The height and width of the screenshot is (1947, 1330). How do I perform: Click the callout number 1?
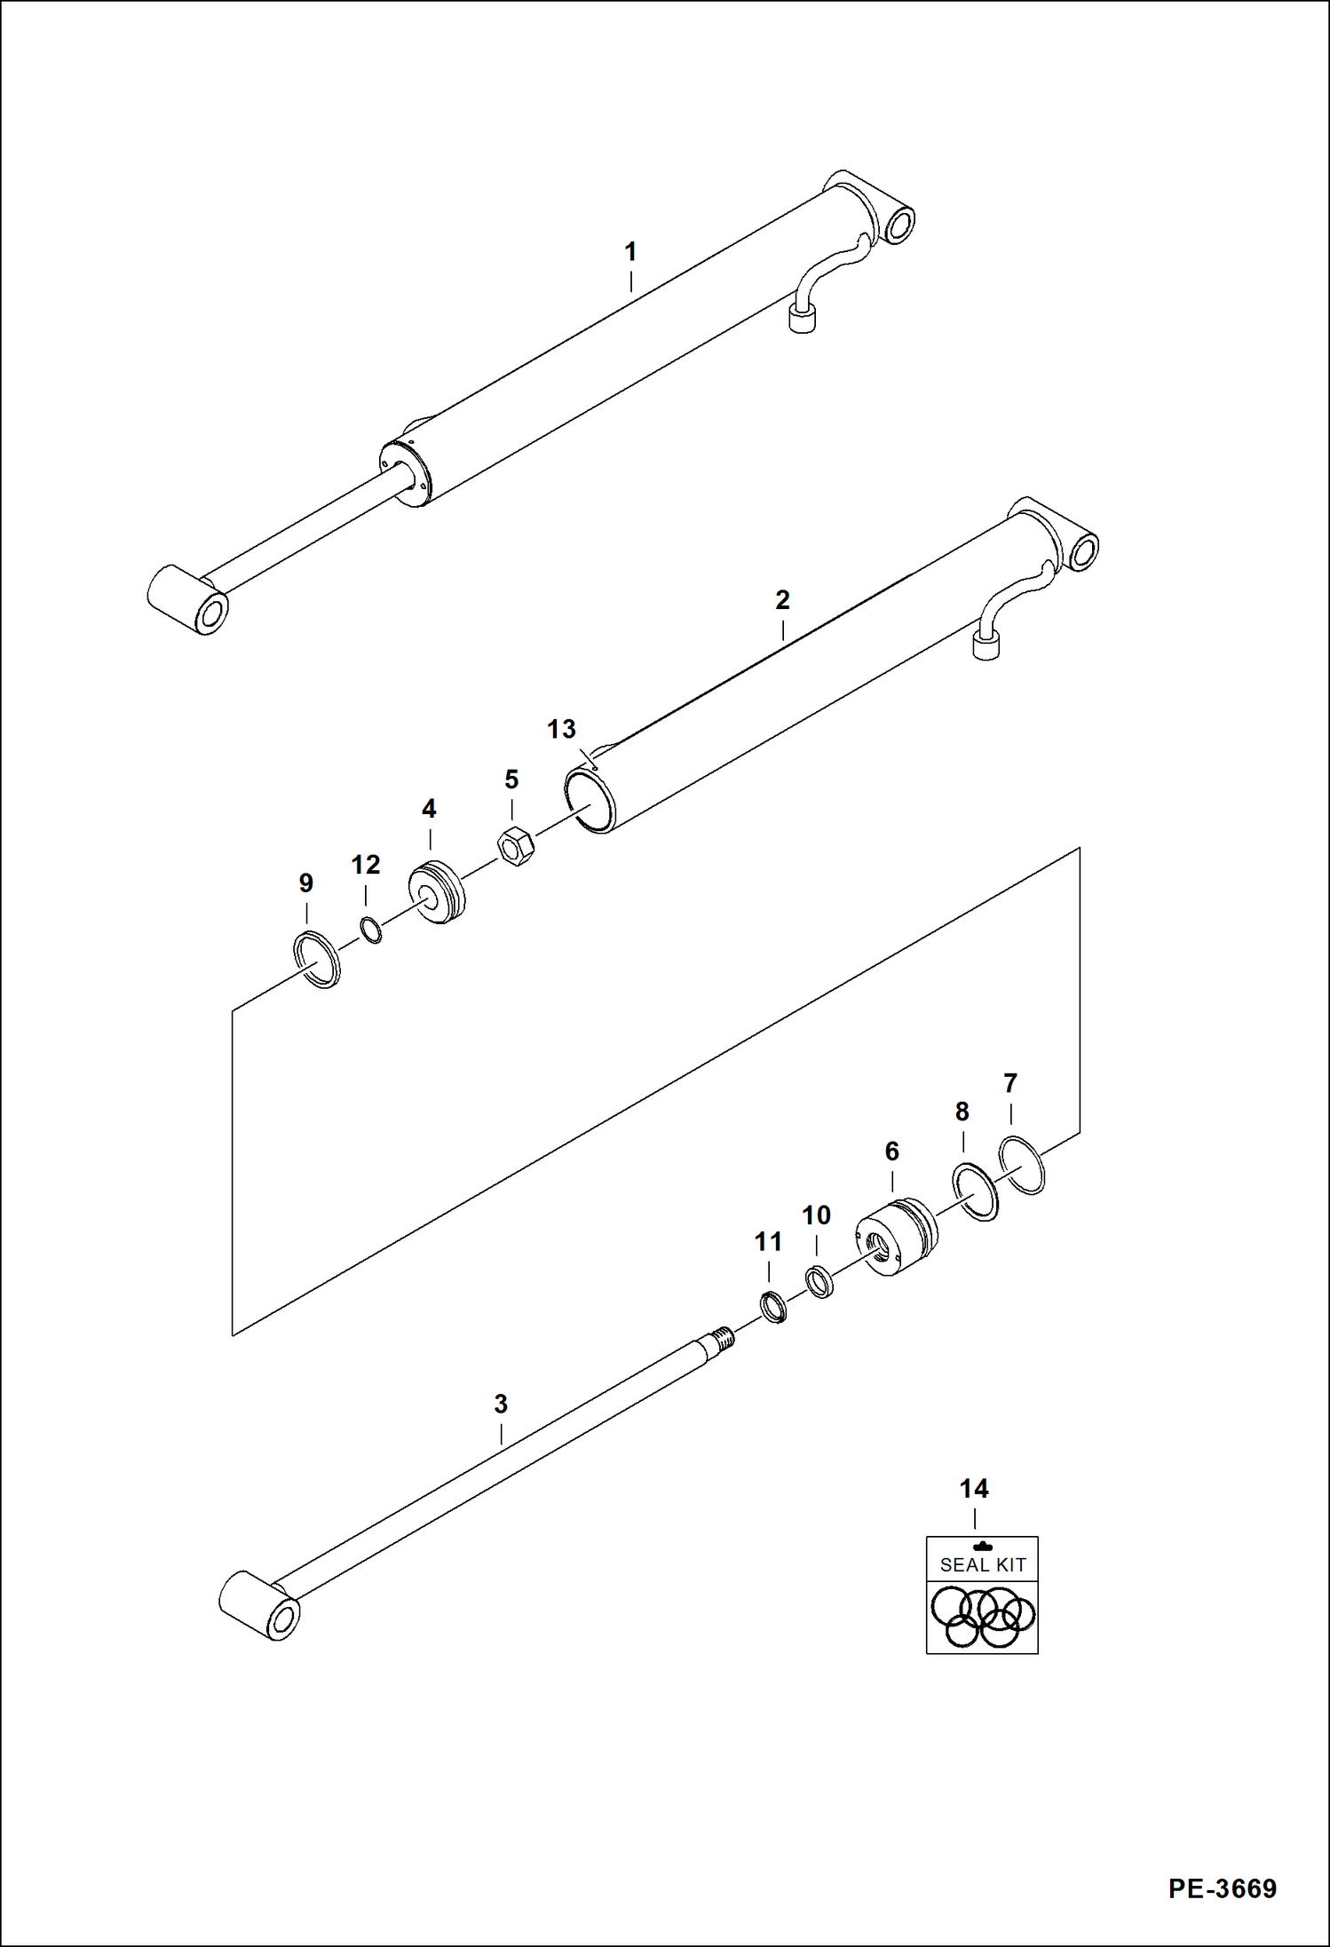coord(630,252)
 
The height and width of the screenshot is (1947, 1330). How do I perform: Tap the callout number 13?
coord(561,729)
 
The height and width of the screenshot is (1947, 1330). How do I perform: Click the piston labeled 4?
coord(437,892)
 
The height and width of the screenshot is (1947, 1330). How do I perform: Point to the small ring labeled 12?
coord(371,930)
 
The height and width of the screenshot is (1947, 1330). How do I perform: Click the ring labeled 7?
coord(1022,1165)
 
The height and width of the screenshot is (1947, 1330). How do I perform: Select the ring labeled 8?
coord(975,1191)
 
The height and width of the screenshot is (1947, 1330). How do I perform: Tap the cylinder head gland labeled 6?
coord(895,1237)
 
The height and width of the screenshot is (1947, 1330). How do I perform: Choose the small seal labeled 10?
coord(819,1283)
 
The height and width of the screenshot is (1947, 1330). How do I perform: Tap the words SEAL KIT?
coord(982,1565)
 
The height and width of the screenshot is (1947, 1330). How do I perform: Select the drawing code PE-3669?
coord(1222,1888)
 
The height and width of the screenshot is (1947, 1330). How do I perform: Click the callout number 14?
coord(973,1489)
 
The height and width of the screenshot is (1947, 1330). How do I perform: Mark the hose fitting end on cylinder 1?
coord(802,318)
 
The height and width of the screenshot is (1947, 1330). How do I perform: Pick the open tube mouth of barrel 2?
coord(590,800)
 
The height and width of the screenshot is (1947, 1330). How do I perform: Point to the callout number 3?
coord(501,1405)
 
